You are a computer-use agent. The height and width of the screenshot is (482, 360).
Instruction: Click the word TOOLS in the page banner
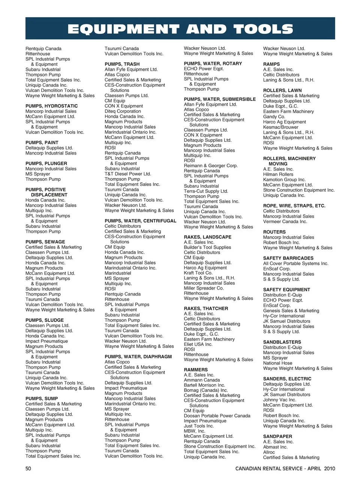pos(263,29)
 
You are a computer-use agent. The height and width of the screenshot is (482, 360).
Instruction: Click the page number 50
pos(28,468)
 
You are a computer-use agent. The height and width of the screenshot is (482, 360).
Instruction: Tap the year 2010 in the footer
pos(330,468)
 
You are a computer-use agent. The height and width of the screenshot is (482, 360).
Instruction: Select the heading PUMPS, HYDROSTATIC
pos(52,106)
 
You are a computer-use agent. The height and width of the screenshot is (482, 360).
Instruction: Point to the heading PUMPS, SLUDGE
pos(45,320)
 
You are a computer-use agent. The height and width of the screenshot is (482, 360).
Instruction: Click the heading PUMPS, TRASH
pos(122,64)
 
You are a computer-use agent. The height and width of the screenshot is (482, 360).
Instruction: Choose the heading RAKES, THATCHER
pos(206,309)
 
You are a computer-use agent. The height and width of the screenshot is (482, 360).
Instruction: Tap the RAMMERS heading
pos(196,370)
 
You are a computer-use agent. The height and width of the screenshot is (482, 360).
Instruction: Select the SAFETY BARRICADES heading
pos(288,258)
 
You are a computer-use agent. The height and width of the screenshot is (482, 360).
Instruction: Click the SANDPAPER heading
pos(277,437)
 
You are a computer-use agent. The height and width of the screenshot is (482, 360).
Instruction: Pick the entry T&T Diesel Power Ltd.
pos(128,174)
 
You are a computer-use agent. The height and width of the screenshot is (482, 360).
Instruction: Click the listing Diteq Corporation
pos(123,111)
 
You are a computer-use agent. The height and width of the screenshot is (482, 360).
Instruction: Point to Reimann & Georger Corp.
pos(211,166)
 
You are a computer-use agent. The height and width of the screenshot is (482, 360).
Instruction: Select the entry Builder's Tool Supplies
pos(207,248)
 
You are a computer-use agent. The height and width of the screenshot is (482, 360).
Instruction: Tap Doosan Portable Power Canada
pos(217,416)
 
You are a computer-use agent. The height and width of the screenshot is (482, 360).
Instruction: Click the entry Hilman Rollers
pos(278,174)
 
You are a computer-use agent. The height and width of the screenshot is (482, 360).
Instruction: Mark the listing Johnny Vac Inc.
pos(279,400)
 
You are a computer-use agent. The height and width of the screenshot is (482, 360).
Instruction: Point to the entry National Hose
pos(277,363)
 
